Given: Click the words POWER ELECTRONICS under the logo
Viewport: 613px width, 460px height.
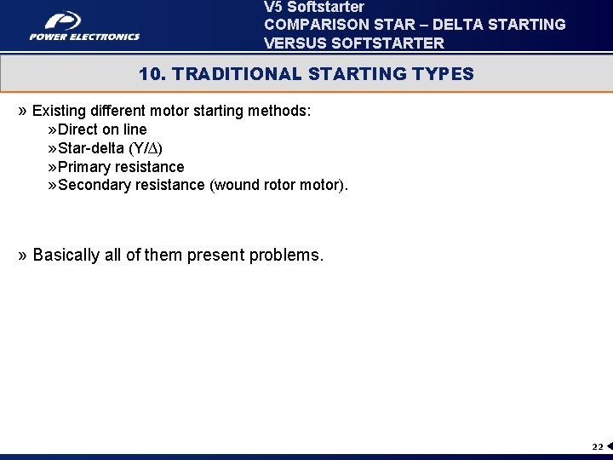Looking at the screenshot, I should click(x=84, y=37).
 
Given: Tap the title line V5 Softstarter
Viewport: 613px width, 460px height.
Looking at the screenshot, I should click(x=314, y=7).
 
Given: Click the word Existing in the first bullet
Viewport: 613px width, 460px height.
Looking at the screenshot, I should click(x=59, y=112).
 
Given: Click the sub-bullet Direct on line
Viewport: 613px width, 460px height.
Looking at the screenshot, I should click(x=102, y=129).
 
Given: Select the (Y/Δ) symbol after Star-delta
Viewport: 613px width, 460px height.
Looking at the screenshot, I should click(x=146, y=148).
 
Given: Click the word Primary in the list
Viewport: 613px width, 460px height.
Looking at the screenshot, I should click(x=85, y=167).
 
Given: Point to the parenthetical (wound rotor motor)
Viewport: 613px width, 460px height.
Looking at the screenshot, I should click(x=278, y=185).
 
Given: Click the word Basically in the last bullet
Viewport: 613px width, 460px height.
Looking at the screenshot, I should click(x=66, y=256).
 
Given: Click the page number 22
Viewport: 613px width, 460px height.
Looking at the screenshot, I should click(x=597, y=446).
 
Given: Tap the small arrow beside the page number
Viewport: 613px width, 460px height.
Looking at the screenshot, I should click(x=609, y=446).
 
